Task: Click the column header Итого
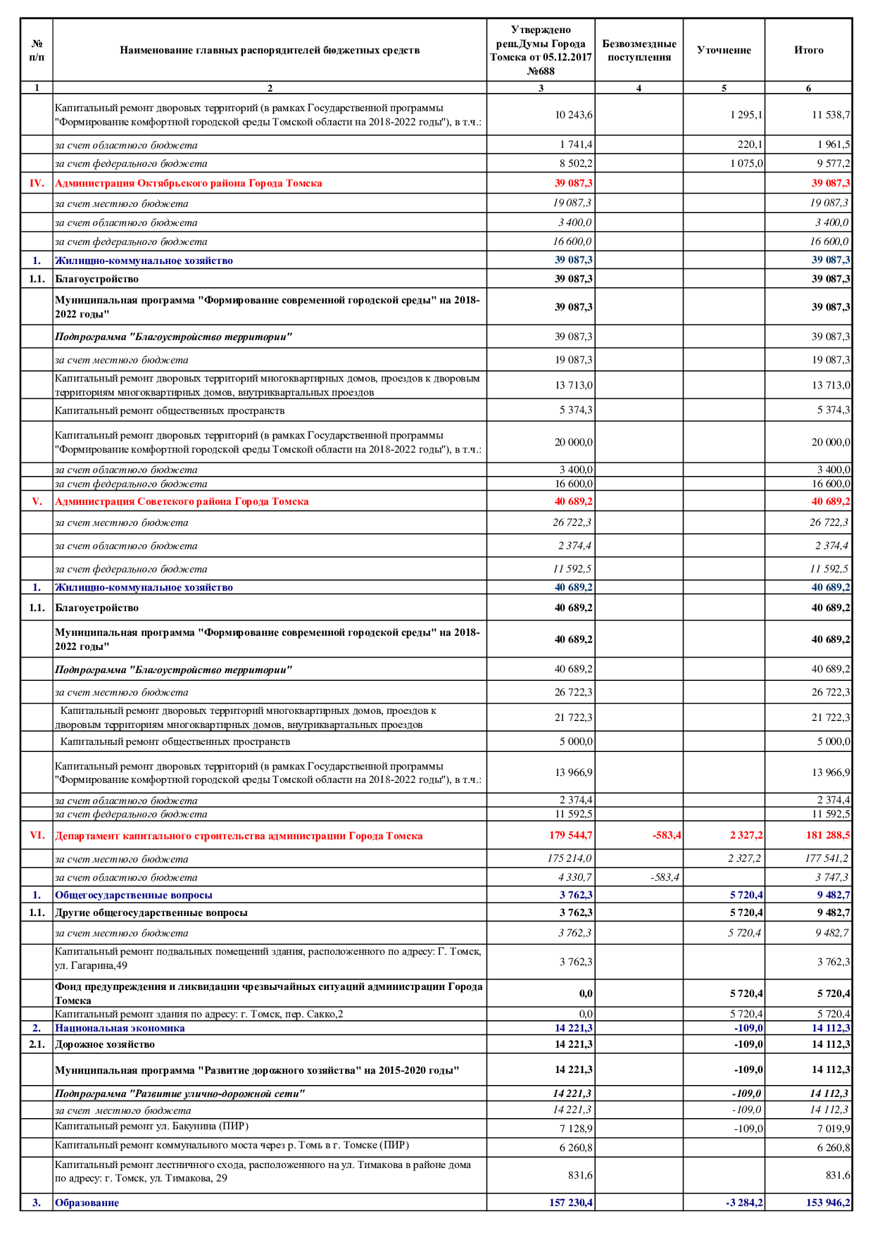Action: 808,50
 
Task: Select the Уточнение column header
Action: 724,50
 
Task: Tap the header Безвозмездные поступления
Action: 639,50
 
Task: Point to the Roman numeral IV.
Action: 37,183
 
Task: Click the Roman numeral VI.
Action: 37,836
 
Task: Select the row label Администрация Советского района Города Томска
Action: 182,501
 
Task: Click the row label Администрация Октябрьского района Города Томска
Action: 189,183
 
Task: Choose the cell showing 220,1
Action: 750,144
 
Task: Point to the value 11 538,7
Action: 831,115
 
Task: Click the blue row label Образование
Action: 87,1203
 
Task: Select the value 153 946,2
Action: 828,1203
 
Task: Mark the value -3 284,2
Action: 744,1203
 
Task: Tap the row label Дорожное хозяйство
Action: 105,1044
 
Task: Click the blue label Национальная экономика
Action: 120,1028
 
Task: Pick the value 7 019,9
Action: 833,1129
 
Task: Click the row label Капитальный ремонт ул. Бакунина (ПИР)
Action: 151,1127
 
